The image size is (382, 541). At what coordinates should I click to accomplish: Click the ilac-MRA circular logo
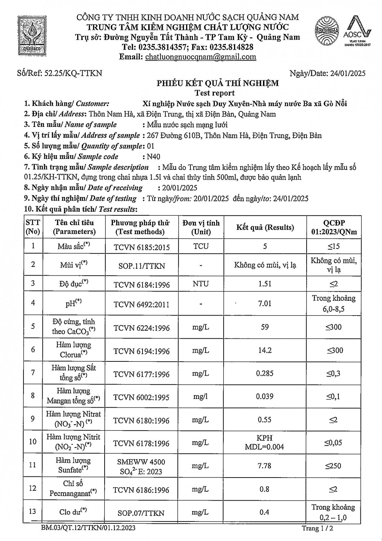[326, 31]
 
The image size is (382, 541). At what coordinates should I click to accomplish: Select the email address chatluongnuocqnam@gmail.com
[200, 57]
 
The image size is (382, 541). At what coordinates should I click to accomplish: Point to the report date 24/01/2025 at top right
[348, 73]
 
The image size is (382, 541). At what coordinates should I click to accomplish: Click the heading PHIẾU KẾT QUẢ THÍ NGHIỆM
[218, 83]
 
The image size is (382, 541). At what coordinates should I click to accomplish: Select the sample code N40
[153, 157]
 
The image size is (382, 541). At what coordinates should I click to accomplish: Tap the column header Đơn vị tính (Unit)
[201, 227]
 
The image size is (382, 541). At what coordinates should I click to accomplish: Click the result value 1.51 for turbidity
[265, 284]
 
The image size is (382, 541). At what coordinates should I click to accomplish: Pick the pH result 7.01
[265, 303]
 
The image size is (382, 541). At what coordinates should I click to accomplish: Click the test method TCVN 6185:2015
[141, 247]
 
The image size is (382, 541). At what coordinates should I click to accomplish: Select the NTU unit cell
[201, 284]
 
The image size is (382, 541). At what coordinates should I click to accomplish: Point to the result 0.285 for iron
[265, 373]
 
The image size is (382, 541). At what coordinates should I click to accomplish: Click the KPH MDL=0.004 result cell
[265, 443]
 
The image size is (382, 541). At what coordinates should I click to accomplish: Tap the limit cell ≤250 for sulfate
[333, 466]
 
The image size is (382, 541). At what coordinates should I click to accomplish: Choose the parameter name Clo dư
[73, 512]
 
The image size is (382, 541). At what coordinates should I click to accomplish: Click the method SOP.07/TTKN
[141, 513]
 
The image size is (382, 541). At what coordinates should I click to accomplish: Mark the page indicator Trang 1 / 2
[317, 529]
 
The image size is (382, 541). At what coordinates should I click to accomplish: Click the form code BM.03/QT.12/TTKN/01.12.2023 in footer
[88, 528]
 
